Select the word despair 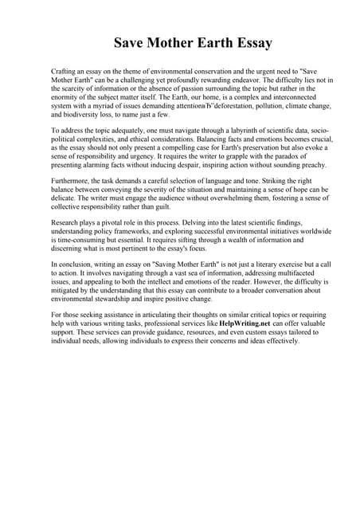coord(197,165)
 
